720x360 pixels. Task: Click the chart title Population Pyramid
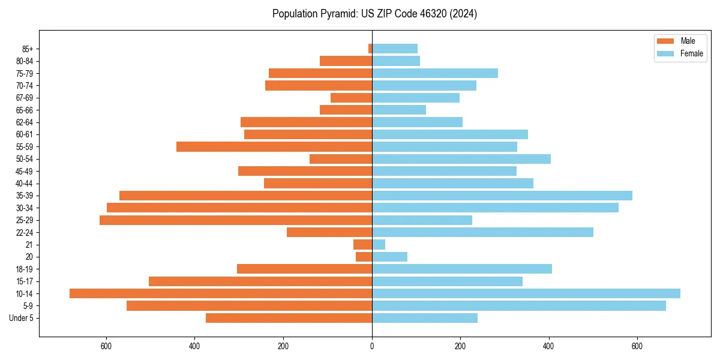coord(374,14)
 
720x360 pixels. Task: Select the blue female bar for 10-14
coord(526,293)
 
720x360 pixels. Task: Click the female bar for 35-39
coord(502,196)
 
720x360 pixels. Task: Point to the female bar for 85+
coord(395,49)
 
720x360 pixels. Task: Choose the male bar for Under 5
coord(289,318)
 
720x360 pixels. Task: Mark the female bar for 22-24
coord(482,232)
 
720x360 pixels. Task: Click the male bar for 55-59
coord(274,146)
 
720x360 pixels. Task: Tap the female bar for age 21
coord(379,245)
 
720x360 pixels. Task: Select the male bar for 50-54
coord(341,159)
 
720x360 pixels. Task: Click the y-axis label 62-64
coord(24,122)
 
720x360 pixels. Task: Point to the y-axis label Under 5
coord(21,318)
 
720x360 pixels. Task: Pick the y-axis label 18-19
coord(24,269)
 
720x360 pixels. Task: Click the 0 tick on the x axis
coord(372,346)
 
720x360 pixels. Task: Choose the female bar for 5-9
coord(519,306)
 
